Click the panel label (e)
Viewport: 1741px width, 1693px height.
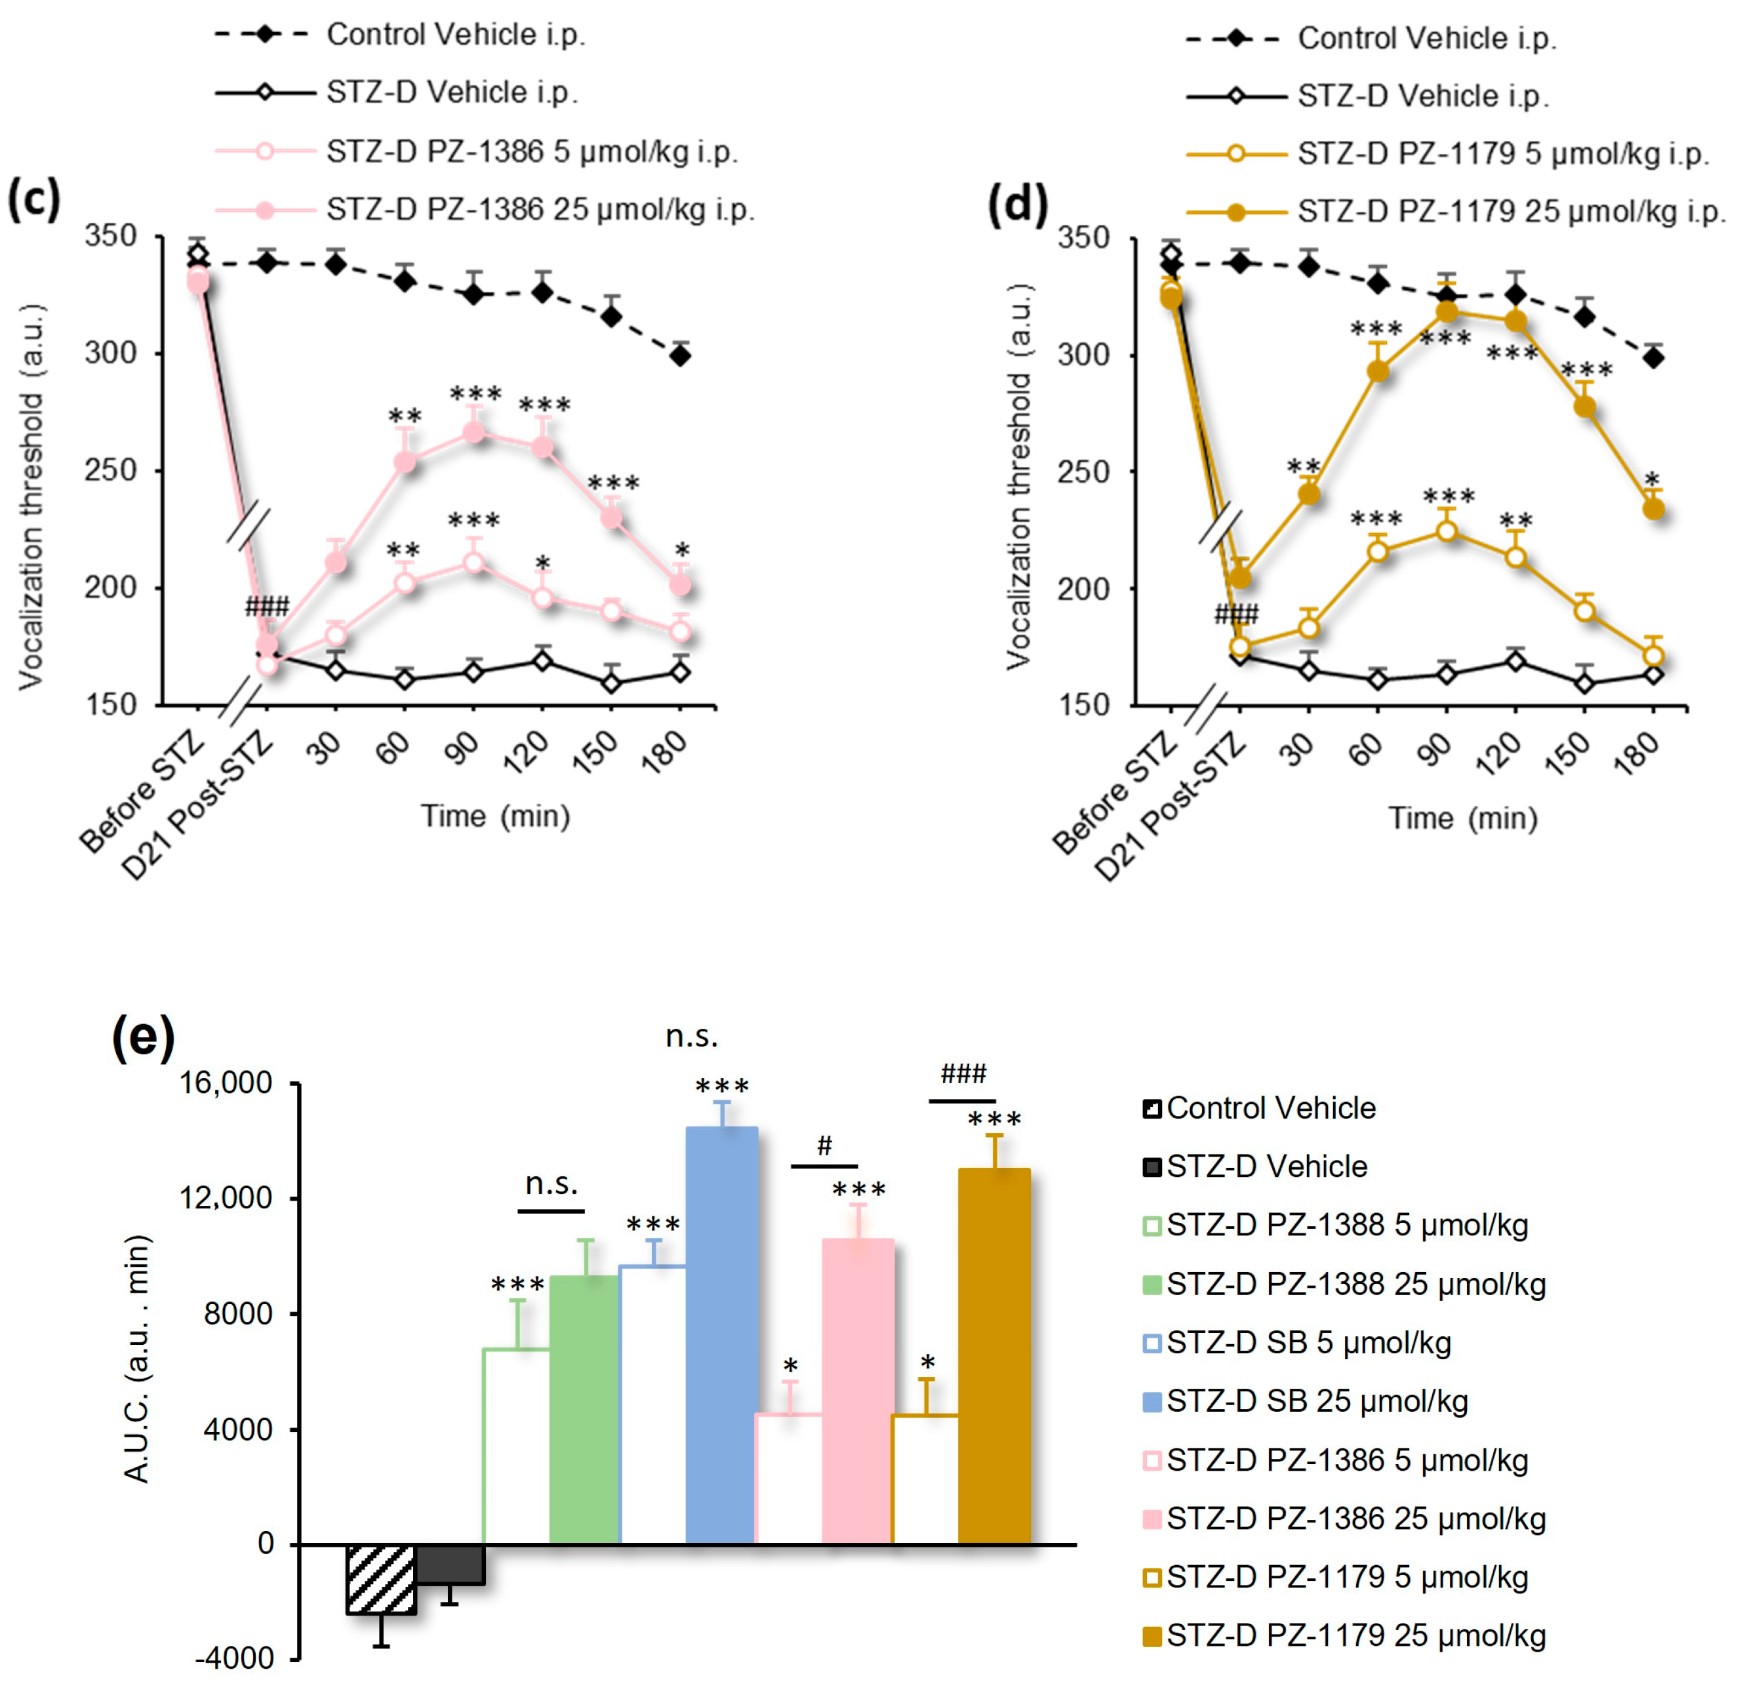143,1036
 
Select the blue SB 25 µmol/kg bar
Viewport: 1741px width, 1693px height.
721,1334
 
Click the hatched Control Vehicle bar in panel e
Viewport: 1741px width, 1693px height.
380,1579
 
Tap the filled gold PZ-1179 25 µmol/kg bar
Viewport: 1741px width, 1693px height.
994,1356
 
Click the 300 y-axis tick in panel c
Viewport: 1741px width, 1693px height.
110,353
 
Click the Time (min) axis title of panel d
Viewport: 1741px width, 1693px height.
1463,818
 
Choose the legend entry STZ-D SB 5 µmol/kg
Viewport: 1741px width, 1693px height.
1307,1343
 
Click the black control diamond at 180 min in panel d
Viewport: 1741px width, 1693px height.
1653,357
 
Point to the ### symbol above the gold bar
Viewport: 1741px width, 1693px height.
963,1073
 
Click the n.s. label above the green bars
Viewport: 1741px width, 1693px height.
551,1184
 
